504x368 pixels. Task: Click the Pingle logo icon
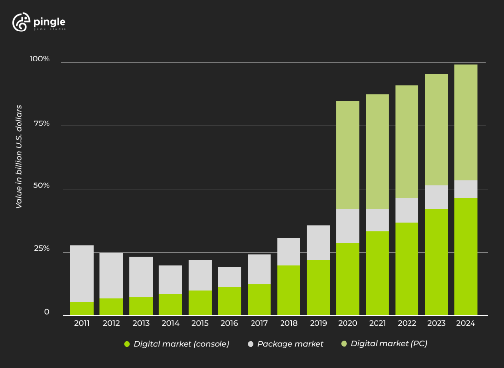(x=21, y=23)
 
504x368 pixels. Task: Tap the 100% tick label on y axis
(x=40, y=59)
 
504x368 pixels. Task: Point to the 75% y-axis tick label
(x=41, y=123)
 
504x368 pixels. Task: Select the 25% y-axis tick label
(x=41, y=249)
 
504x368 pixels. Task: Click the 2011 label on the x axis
(x=82, y=323)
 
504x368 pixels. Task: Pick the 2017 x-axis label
(x=259, y=323)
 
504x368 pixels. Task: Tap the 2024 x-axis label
(x=466, y=323)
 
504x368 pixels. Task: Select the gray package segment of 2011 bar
(x=82, y=273)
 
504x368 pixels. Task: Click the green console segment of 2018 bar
(x=288, y=290)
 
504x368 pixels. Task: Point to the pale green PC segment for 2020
(x=347, y=154)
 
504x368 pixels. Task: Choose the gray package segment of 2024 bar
(x=466, y=189)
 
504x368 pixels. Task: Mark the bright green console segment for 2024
(x=466, y=256)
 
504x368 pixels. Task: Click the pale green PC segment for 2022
(x=407, y=142)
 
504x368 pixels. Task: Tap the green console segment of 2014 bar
(x=170, y=305)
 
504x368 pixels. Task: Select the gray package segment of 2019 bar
(x=318, y=243)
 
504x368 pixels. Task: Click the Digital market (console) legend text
(x=181, y=344)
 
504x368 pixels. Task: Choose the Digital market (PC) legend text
(x=389, y=344)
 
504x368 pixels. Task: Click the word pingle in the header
(x=50, y=21)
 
